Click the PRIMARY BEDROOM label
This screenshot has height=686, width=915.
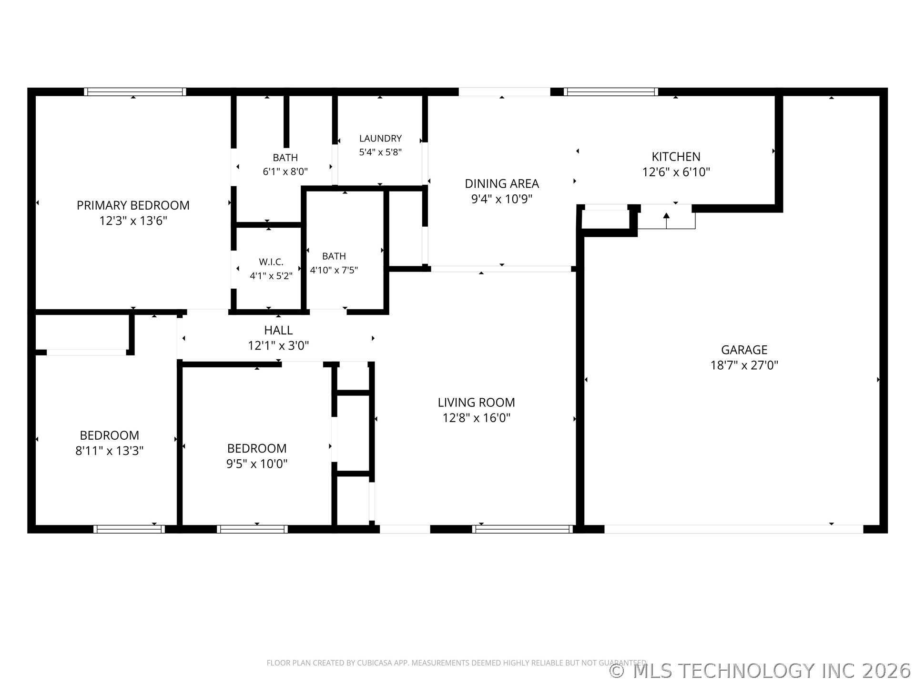[133, 205]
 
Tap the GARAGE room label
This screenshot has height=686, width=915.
[744, 350]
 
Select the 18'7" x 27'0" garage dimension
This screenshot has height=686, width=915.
[744, 365]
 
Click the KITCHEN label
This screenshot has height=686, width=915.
[676, 157]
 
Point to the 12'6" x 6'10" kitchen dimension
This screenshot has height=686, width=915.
[676, 172]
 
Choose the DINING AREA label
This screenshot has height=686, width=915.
[502, 183]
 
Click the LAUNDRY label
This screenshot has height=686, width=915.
[380, 138]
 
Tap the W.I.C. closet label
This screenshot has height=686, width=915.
[271, 262]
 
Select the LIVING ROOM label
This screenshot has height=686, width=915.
[476, 403]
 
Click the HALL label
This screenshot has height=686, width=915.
[278, 330]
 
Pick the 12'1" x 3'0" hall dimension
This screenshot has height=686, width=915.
[278, 345]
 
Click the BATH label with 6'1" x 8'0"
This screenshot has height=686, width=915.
[285, 157]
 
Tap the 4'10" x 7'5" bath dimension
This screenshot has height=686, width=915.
[334, 270]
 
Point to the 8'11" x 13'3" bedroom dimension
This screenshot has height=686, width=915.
[109, 451]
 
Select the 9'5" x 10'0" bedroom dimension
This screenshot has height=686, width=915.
[256, 464]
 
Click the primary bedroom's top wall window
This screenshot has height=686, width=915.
[135, 92]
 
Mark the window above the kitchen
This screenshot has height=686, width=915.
[611, 92]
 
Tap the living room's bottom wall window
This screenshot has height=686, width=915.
[522, 529]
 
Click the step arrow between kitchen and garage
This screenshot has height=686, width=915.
[666, 222]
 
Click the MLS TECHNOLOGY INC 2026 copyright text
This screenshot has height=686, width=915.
[760, 671]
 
